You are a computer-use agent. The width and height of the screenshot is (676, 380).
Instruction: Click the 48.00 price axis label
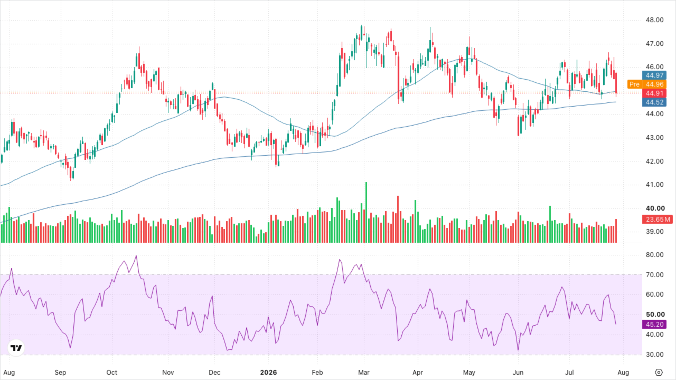point(654,20)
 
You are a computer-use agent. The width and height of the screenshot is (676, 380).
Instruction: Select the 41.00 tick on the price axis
point(654,185)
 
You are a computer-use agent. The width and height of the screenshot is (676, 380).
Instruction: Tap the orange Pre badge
point(634,84)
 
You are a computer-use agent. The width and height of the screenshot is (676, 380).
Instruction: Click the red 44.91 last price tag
point(654,93)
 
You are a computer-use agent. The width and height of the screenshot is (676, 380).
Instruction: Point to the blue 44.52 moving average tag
point(654,102)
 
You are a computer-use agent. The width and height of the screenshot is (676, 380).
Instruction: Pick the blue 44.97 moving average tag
point(654,75)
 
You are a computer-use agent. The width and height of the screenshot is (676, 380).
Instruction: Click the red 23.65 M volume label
point(658,219)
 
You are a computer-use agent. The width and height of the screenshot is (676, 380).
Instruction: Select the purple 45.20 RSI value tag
point(654,324)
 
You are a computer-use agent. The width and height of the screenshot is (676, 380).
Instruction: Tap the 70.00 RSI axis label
point(654,275)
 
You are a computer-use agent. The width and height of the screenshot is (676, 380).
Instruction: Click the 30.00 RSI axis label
point(654,355)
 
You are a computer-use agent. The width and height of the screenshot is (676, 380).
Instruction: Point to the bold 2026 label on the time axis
point(268,372)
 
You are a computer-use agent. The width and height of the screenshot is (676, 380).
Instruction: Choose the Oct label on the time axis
point(112,372)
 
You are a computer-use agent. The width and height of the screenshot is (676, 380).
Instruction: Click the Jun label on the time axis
point(518,372)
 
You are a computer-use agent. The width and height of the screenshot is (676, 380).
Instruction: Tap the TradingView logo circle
point(16,348)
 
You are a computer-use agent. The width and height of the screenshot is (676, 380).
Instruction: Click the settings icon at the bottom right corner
point(659,372)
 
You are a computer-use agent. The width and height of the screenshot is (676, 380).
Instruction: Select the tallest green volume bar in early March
point(366,212)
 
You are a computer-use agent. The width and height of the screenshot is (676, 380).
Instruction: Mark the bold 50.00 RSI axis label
point(655,315)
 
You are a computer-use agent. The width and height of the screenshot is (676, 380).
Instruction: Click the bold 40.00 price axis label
point(655,208)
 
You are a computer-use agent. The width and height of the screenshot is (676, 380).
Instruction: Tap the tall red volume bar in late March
point(398,219)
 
